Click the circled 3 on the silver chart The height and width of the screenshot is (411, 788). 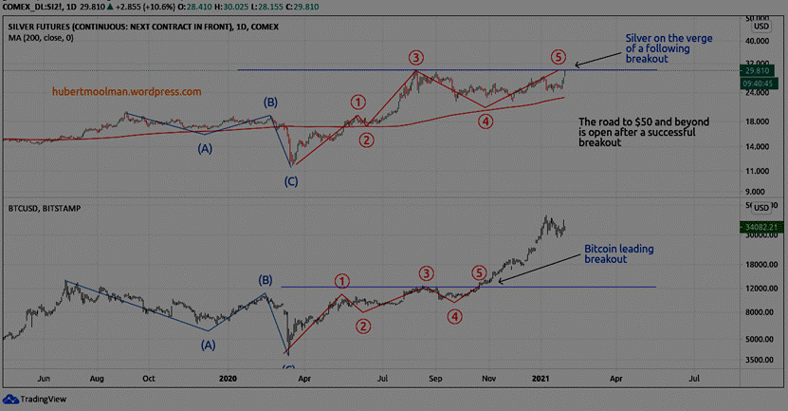click(x=416, y=57)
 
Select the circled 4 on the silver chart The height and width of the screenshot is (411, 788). click(x=486, y=121)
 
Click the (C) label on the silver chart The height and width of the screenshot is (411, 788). click(x=292, y=180)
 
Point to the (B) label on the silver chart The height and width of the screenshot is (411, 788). click(x=270, y=102)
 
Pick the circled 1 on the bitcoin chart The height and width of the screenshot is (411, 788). click(x=342, y=280)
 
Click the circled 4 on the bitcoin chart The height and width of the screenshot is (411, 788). click(x=455, y=316)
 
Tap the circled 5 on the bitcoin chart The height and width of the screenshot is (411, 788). click(x=479, y=272)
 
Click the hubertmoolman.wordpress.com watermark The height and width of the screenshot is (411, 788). click(x=126, y=92)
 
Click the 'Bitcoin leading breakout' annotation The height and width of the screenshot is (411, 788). click(x=618, y=252)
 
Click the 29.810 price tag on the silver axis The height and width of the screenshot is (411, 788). click(x=756, y=70)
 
